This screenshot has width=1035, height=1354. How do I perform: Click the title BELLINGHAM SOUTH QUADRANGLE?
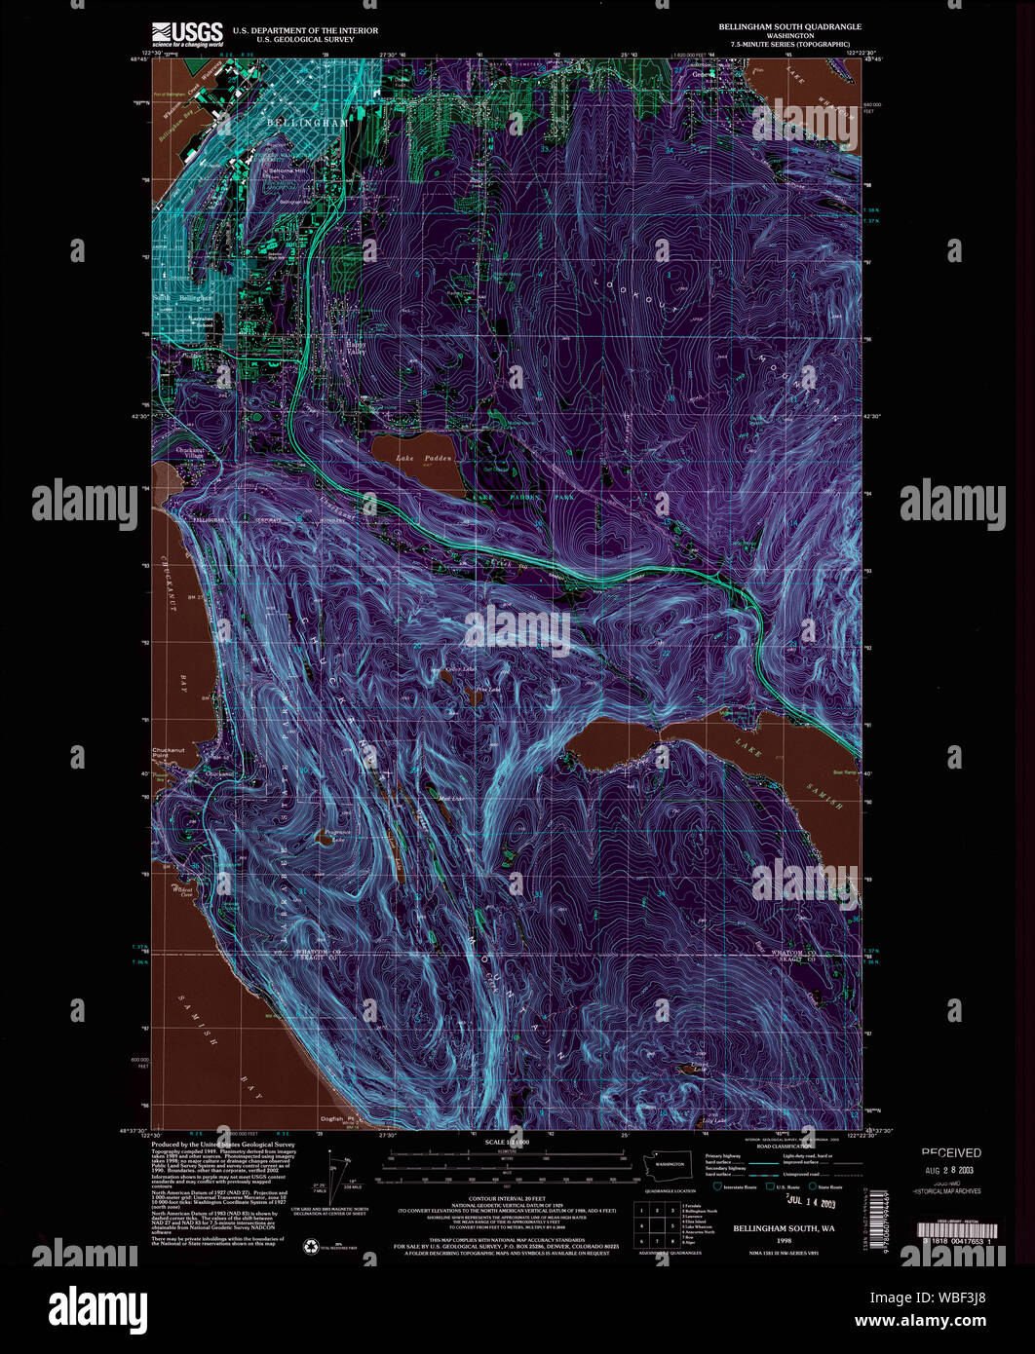[x=789, y=26]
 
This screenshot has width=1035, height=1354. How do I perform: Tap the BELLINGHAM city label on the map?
[x=307, y=124]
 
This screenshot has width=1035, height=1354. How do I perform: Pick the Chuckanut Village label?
[x=191, y=454]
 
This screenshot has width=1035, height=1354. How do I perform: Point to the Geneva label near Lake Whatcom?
[x=702, y=74]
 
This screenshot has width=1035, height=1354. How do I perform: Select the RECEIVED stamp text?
[x=951, y=1152]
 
